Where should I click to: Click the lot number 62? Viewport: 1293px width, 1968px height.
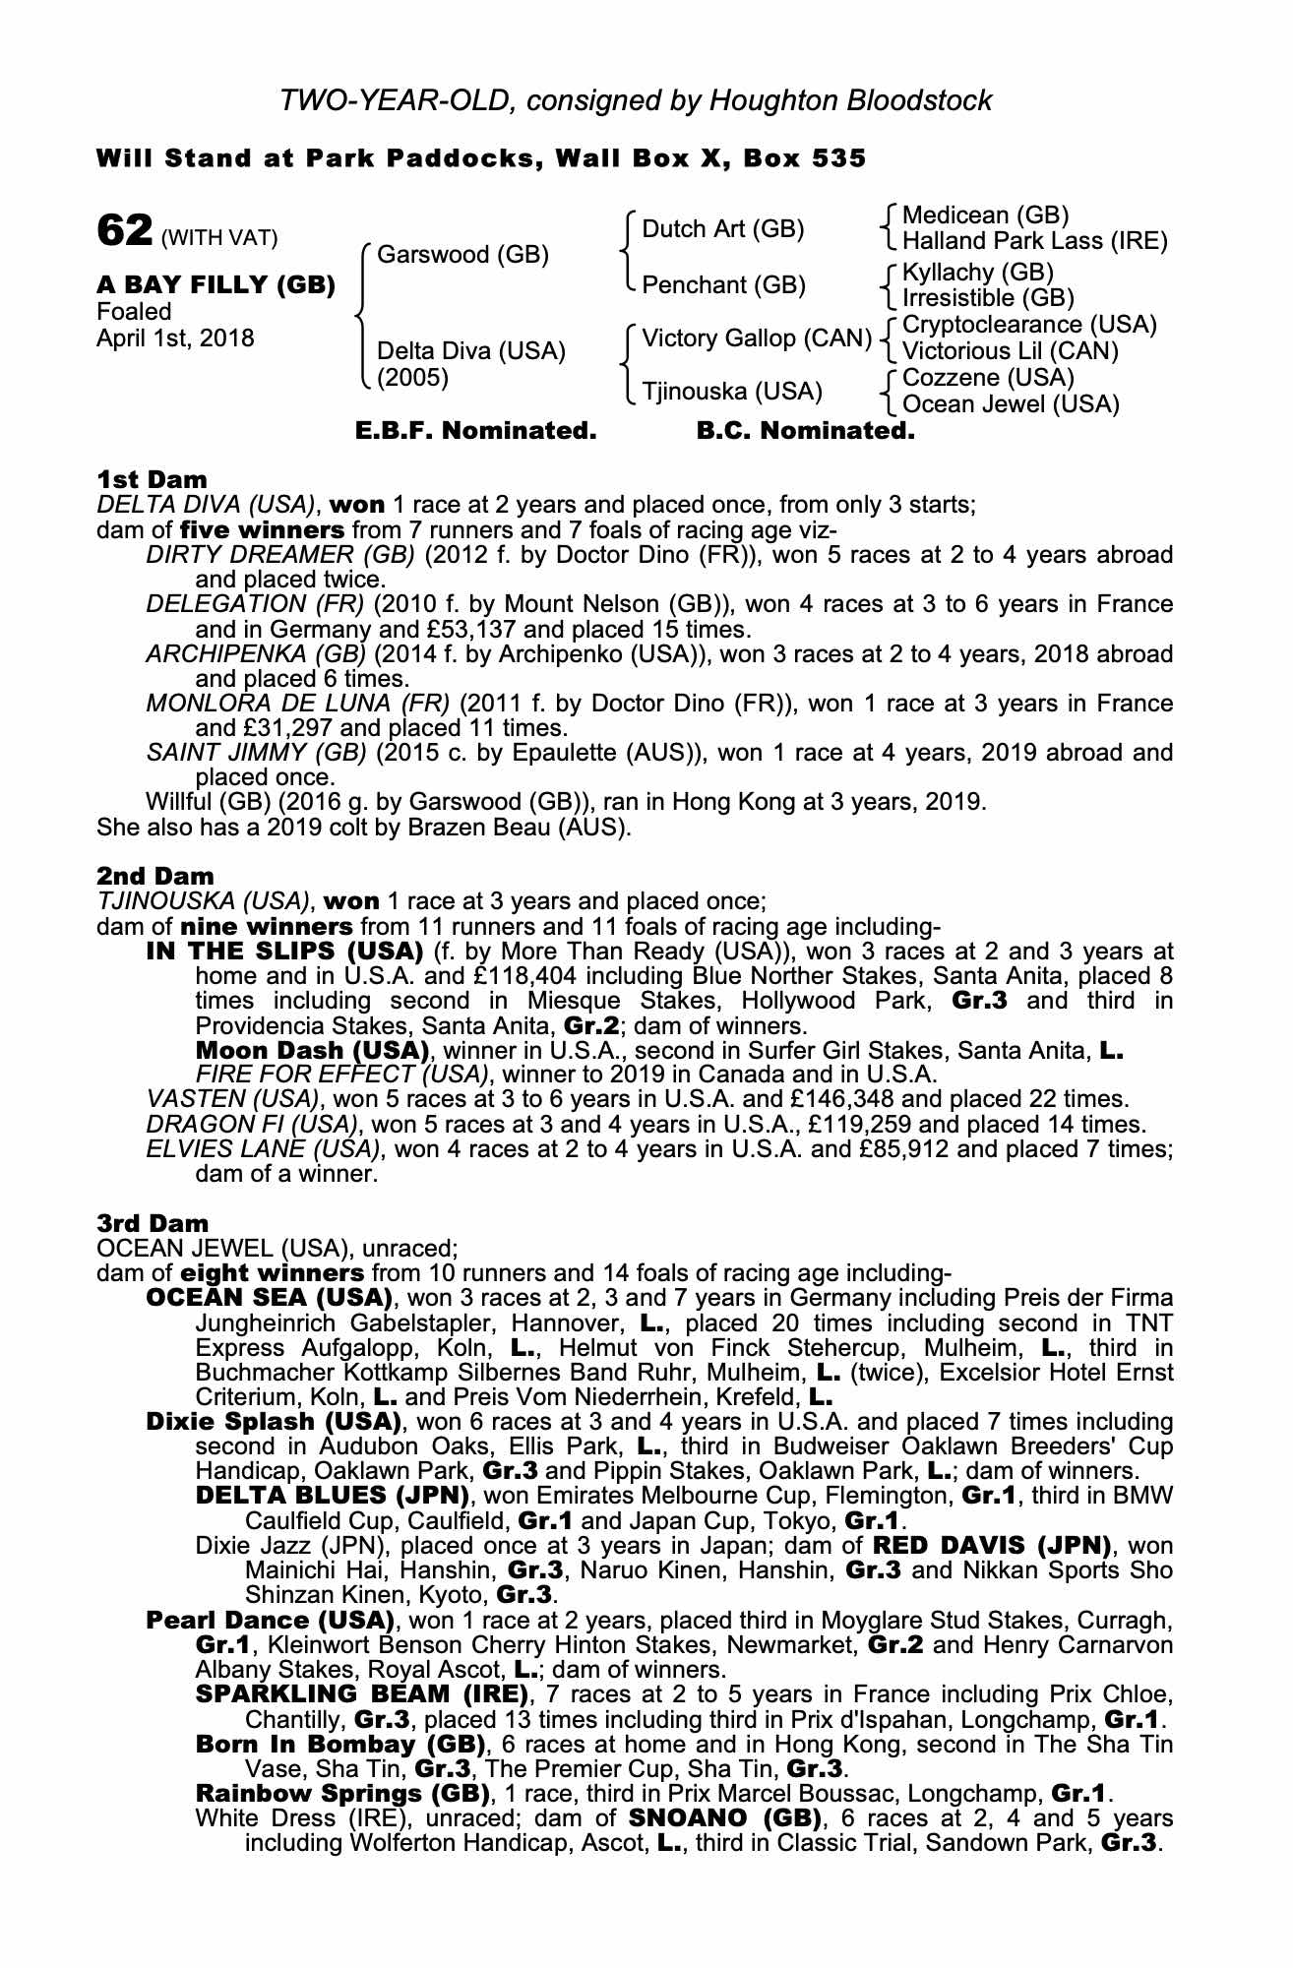click(124, 231)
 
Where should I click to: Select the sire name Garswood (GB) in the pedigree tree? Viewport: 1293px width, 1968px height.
click(462, 255)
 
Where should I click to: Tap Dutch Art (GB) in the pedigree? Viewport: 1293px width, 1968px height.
click(722, 229)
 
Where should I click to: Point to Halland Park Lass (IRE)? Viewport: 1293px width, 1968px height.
click(1034, 241)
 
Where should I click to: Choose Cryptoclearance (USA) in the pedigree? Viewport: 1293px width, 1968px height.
click(1029, 325)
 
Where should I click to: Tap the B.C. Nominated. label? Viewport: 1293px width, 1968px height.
click(805, 431)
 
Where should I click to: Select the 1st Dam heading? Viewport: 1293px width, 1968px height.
click(152, 479)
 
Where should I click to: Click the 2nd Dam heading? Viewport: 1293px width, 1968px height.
click(154, 876)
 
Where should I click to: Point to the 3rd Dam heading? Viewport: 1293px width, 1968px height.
click(153, 1223)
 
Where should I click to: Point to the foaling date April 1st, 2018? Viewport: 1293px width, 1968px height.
click(175, 338)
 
